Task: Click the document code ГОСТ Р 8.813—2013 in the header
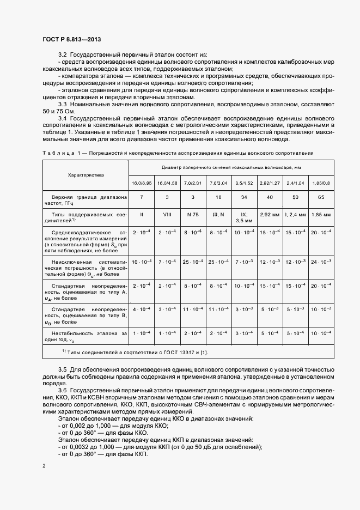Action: (x=71, y=40)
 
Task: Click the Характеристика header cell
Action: (x=86, y=175)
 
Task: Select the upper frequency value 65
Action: (x=320, y=197)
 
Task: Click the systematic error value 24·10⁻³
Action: (x=320, y=263)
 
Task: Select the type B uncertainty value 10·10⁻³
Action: (x=320, y=309)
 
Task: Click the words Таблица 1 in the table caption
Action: (x=60, y=153)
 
